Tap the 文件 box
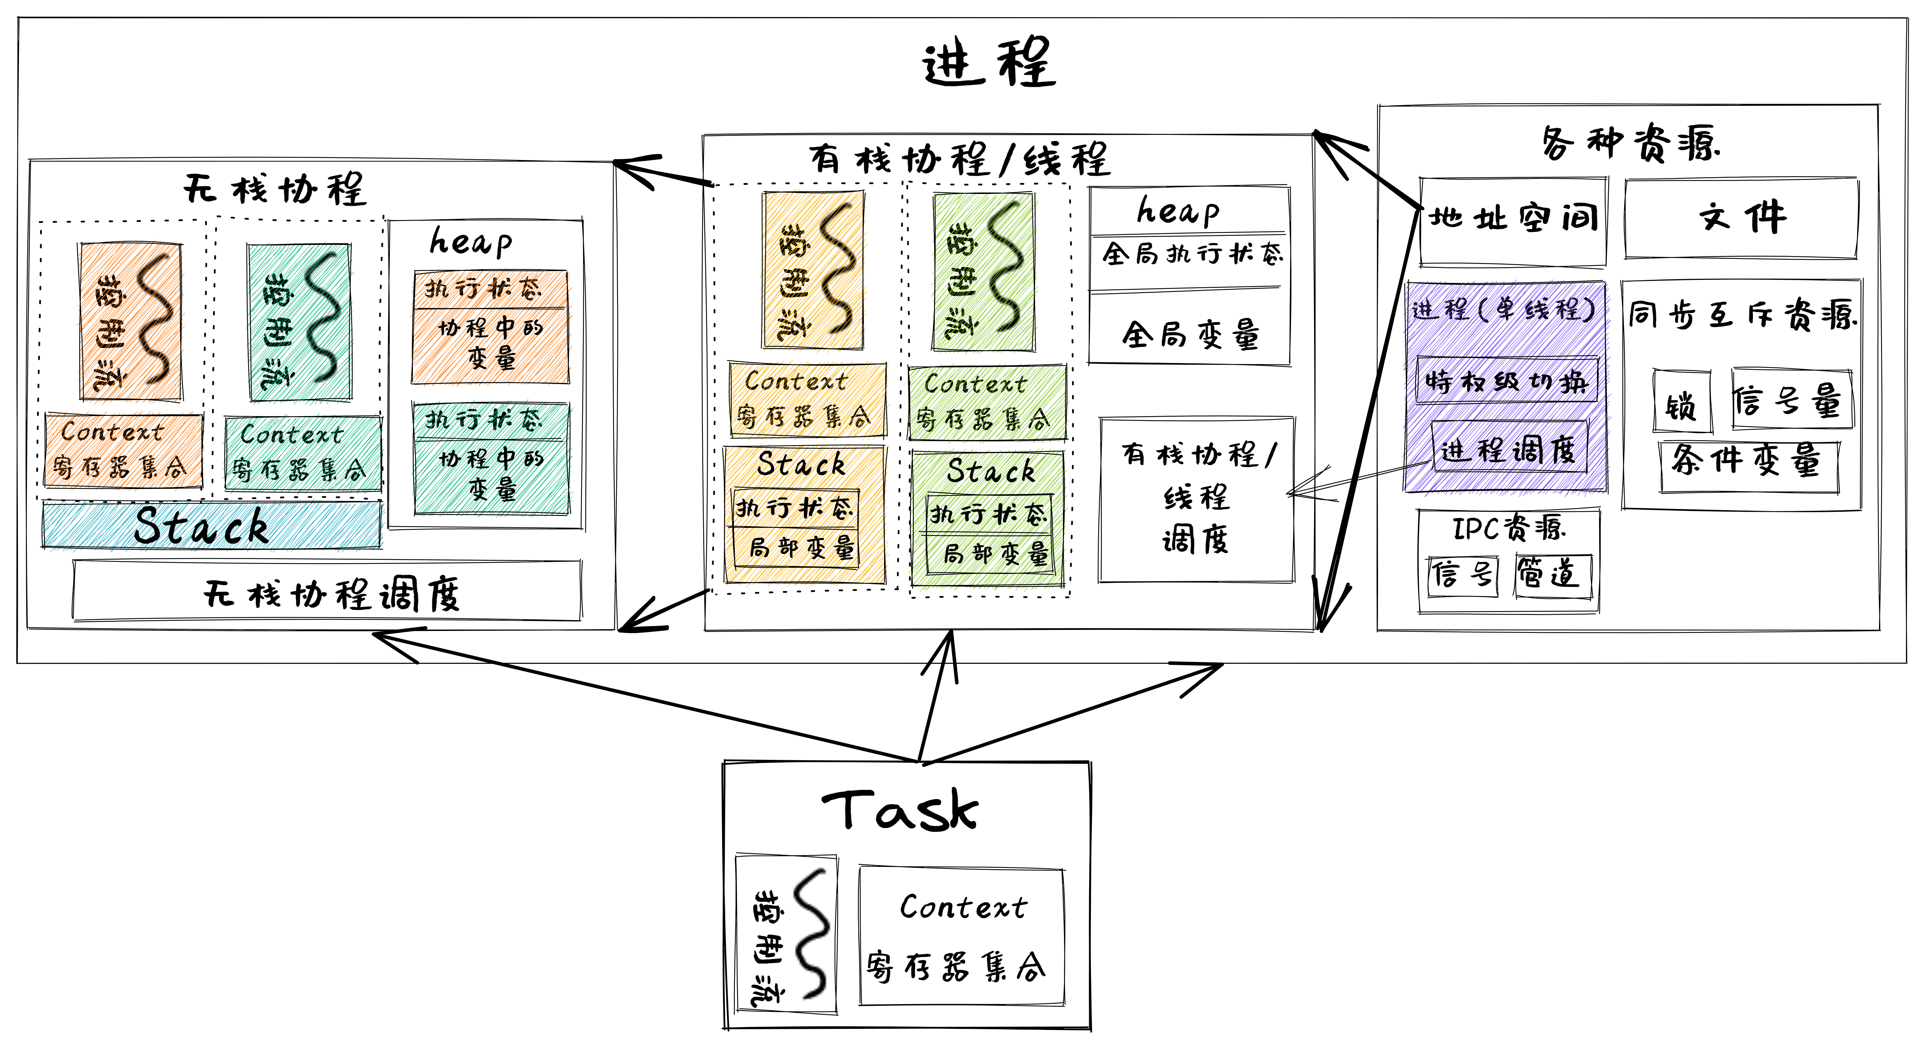(x=1740, y=218)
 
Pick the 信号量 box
(x=1791, y=400)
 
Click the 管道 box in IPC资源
(x=1552, y=575)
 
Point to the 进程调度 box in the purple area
(x=1509, y=448)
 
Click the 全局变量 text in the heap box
(x=1190, y=335)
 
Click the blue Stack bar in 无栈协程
(x=211, y=525)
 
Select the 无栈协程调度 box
(x=327, y=592)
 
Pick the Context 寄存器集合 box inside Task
(x=961, y=936)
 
